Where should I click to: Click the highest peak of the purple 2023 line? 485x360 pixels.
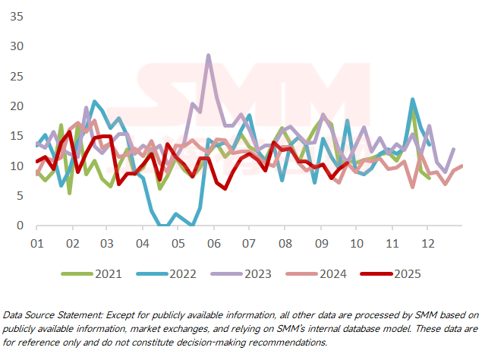point(209,56)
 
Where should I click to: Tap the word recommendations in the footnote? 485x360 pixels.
point(285,343)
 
